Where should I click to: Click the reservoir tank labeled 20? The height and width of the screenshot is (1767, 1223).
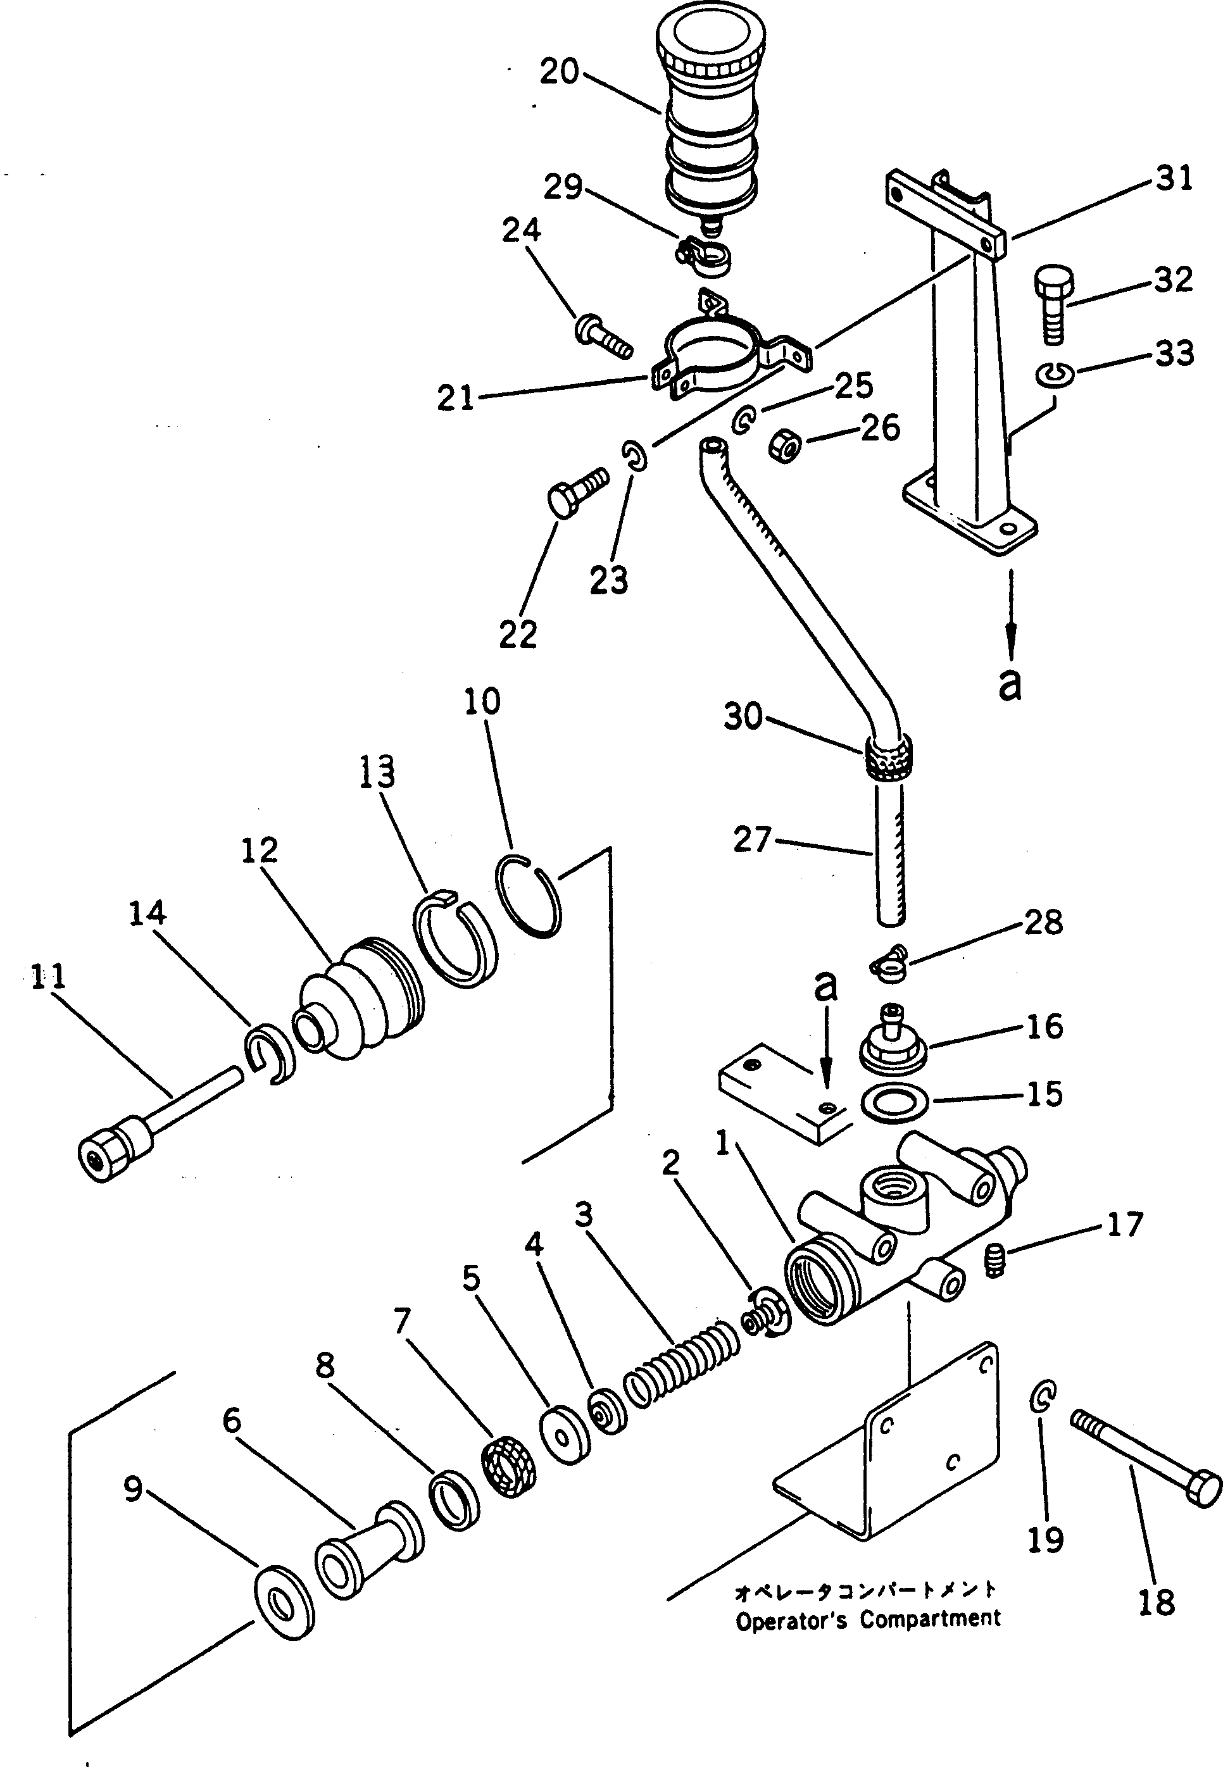click(710, 115)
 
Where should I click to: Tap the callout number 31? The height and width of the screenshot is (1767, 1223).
click(1175, 178)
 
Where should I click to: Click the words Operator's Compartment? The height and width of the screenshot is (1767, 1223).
click(867, 1619)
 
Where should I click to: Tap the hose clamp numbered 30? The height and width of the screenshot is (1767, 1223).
click(887, 755)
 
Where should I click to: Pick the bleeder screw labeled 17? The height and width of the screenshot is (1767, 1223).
click(994, 1260)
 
